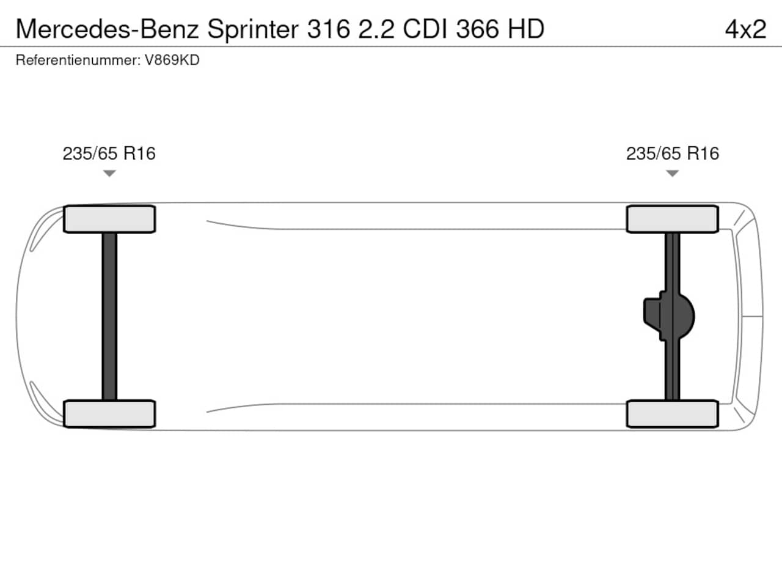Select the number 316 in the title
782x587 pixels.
click(329, 29)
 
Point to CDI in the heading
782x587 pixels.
click(425, 29)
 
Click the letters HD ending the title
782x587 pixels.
click(526, 29)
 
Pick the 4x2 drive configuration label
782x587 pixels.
click(745, 29)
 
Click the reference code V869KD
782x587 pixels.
click(172, 61)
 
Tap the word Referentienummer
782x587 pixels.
click(78, 61)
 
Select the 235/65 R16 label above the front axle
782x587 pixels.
click(109, 153)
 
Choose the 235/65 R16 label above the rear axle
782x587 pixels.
click(672, 153)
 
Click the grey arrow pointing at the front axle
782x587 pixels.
click(109, 173)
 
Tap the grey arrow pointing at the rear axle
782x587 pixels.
click(672, 173)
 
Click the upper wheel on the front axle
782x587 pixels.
click(109, 219)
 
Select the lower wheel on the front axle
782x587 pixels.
click(109, 414)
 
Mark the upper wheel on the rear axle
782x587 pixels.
click(672, 219)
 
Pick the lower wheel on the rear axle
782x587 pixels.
click(672, 414)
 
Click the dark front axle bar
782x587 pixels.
click(109, 317)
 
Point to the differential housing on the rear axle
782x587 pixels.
click(669, 317)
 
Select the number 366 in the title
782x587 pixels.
click(477, 29)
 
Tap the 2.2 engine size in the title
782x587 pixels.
click(376, 29)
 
